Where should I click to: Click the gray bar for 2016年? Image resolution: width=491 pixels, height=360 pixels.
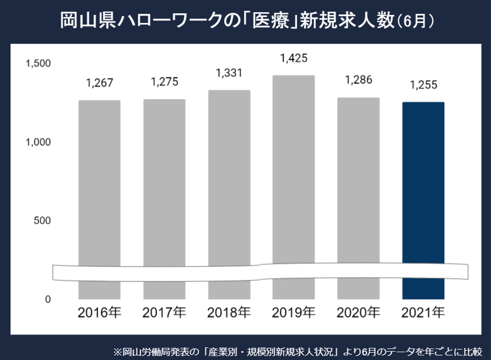point(99,182)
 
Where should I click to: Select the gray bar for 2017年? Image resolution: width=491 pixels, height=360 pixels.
point(164,182)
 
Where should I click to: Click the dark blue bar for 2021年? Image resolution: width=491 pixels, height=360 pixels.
point(423,182)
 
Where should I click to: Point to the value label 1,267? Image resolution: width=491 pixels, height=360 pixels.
point(99,83)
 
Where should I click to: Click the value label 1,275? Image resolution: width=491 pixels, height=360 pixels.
point(164,82)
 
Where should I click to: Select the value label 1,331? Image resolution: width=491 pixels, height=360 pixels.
point(229,73)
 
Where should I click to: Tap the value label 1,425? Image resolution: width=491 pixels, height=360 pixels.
point(294,58)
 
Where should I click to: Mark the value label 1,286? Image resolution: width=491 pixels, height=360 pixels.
point(358,80)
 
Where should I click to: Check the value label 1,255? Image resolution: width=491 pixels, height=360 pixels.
point(423,85)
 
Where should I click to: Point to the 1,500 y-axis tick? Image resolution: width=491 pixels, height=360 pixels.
point(38,63)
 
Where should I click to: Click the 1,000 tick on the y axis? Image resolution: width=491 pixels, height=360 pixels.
point(38,142)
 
